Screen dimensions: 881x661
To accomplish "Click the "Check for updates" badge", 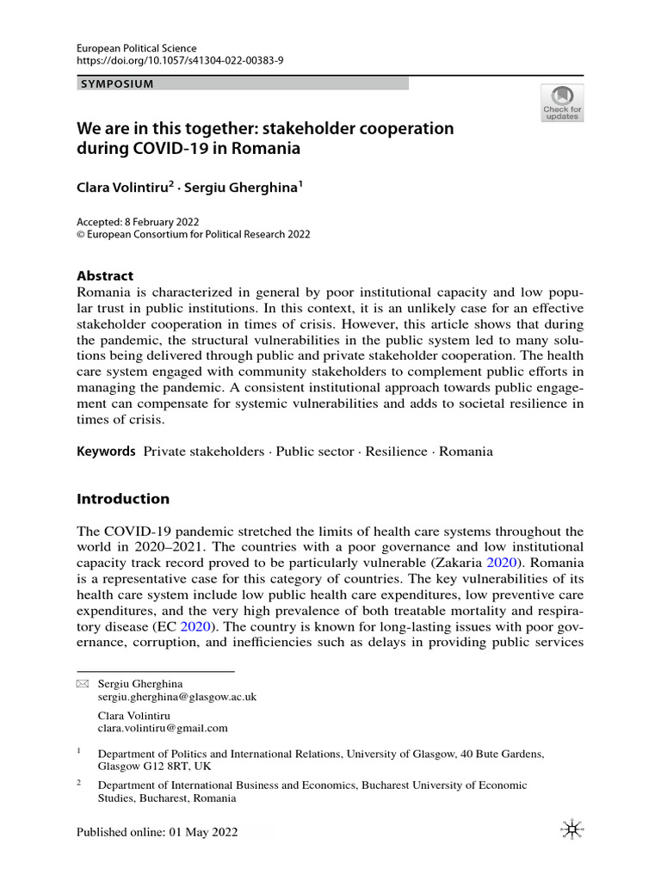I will pyautogui.click(x=562, y=102).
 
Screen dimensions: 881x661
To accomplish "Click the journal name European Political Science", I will pyautogui.click(x=137, y=48).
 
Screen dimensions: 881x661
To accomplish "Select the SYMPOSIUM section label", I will pyautogui.click(x=117, y=84).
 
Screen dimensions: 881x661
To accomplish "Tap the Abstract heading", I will pyautogui.click(x=105, y=276).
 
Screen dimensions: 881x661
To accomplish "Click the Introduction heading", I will pyautogui.click(x=123, y=499).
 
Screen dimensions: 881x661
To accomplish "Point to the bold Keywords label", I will pyautogui.click(x=106, y=451).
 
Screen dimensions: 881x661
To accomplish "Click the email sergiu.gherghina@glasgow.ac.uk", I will pyautogui.click(x=177, y=696).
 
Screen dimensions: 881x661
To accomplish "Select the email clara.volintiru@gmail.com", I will pyautogui.click(x=163, y=728).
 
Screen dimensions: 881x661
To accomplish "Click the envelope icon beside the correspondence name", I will pyautogui.click(x=83, y=683).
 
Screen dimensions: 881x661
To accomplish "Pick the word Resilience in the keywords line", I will pyautogui.click(x=396, y=452).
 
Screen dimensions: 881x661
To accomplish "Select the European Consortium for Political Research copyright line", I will pyautogui.click(x=194, y=234).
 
